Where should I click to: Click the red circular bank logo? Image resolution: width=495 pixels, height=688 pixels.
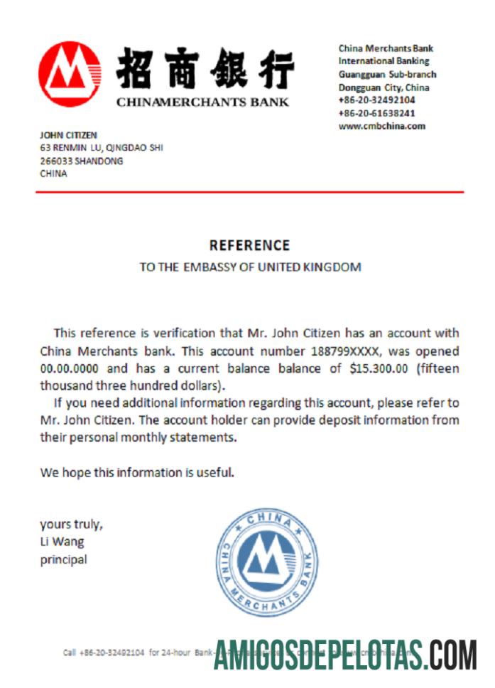pyautogui.click(x=69, y=74)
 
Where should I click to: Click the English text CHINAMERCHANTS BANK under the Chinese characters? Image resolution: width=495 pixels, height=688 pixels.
pyautogui.click(x=202, y=102)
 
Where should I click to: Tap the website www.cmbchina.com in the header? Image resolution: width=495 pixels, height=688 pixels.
pyautogui.click(x=381, y=127)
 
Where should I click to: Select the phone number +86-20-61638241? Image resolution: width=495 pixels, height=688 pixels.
pyautogui.click(x=376, y=113)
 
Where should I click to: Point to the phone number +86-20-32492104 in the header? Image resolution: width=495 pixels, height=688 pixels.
pyautogui.click(x=376, y=100)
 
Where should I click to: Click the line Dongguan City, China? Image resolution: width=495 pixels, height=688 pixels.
pyautogui.click(x=384, y=87)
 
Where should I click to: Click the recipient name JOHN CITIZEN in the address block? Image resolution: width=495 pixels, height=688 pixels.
pyautogui.click(x=68, y=135)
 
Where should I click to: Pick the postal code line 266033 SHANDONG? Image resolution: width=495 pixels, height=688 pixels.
pyautogui.click(x=81, y=161)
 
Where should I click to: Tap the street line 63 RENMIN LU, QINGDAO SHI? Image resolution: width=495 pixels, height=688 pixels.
pyautogui.click(x=102, y=148)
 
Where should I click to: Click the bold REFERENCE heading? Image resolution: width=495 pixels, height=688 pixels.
pyautogui.click(x=249, y=245)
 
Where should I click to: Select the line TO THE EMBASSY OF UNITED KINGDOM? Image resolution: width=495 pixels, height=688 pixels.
pyautogui.click(x=250, y=267)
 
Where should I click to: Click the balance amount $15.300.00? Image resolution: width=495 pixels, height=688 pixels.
pyautogui.click(x=379, y=369)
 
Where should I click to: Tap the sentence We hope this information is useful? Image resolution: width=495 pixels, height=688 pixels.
pyautogui.click(x=137, y=472)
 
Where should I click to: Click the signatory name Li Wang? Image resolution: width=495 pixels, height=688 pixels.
pyautogui.click(x=62, y=542)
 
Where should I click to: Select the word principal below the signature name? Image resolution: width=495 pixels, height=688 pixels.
pyautogui.click(x=63, y=559)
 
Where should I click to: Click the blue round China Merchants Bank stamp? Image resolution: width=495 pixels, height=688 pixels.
pyautogui.click(x=266, y=561)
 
